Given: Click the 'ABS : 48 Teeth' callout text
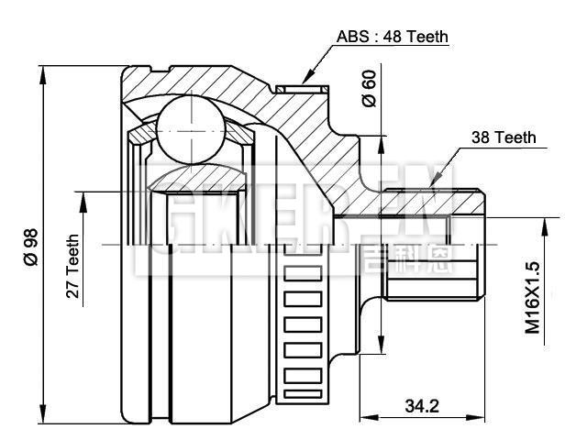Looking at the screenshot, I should click(392, 37).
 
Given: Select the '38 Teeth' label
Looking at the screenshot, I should click(503, 137).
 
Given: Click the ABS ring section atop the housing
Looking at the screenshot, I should click(303, 89).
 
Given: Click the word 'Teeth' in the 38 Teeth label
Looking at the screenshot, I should click(515, 137).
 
